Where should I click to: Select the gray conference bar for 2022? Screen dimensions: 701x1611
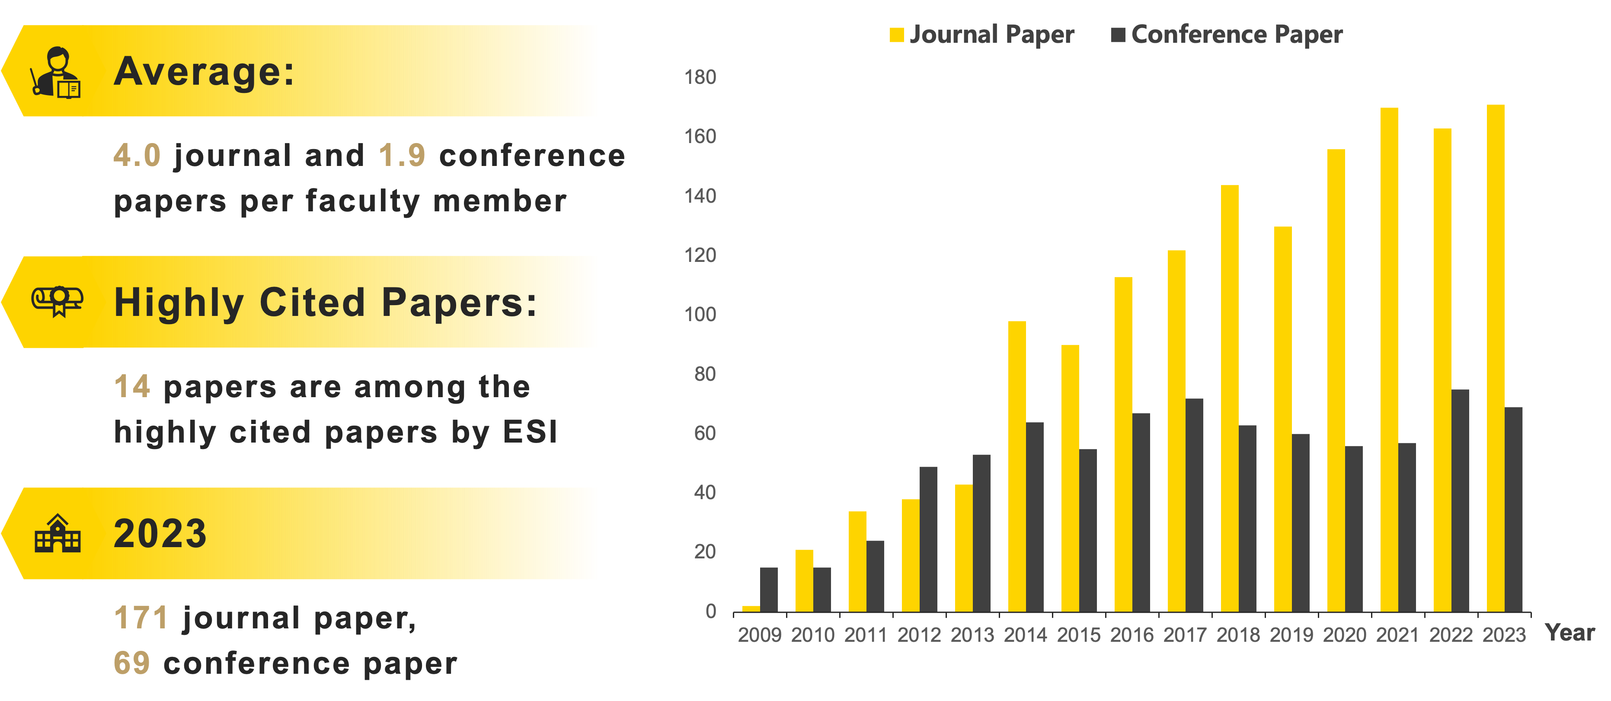pyautogui.click(x=1460, y=500)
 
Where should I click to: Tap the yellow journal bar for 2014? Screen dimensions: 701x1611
pyautogui.click(x=1017, y=466)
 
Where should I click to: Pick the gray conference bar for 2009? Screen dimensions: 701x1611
pyautogui.click(x=769, y=589)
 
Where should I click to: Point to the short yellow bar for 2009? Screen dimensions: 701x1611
pyautogui.click(x=751, y=609)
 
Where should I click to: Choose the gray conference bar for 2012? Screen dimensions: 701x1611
pyautogui.click(x=928, y=539)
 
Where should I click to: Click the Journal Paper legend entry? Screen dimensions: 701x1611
pyautogui.click(x=982, y=35)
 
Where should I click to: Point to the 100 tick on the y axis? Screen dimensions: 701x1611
pyautogui.click(x=700, y=315)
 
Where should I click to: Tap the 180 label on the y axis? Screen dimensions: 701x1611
pyautogui.click(x=700, y=77)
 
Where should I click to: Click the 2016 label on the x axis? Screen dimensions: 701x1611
pyautogui.click(x=1132, y=635)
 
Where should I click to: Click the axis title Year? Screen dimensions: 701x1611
pyautogui.click(x=1570, y=633)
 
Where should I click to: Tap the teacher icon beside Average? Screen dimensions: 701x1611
pyautogui.click(x=56, y=72)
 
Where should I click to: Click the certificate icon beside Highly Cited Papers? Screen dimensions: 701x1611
pyautogui.click(x=58, y=301)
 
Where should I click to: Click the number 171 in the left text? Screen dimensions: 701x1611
pyautogui.click(x=141, y=618)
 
